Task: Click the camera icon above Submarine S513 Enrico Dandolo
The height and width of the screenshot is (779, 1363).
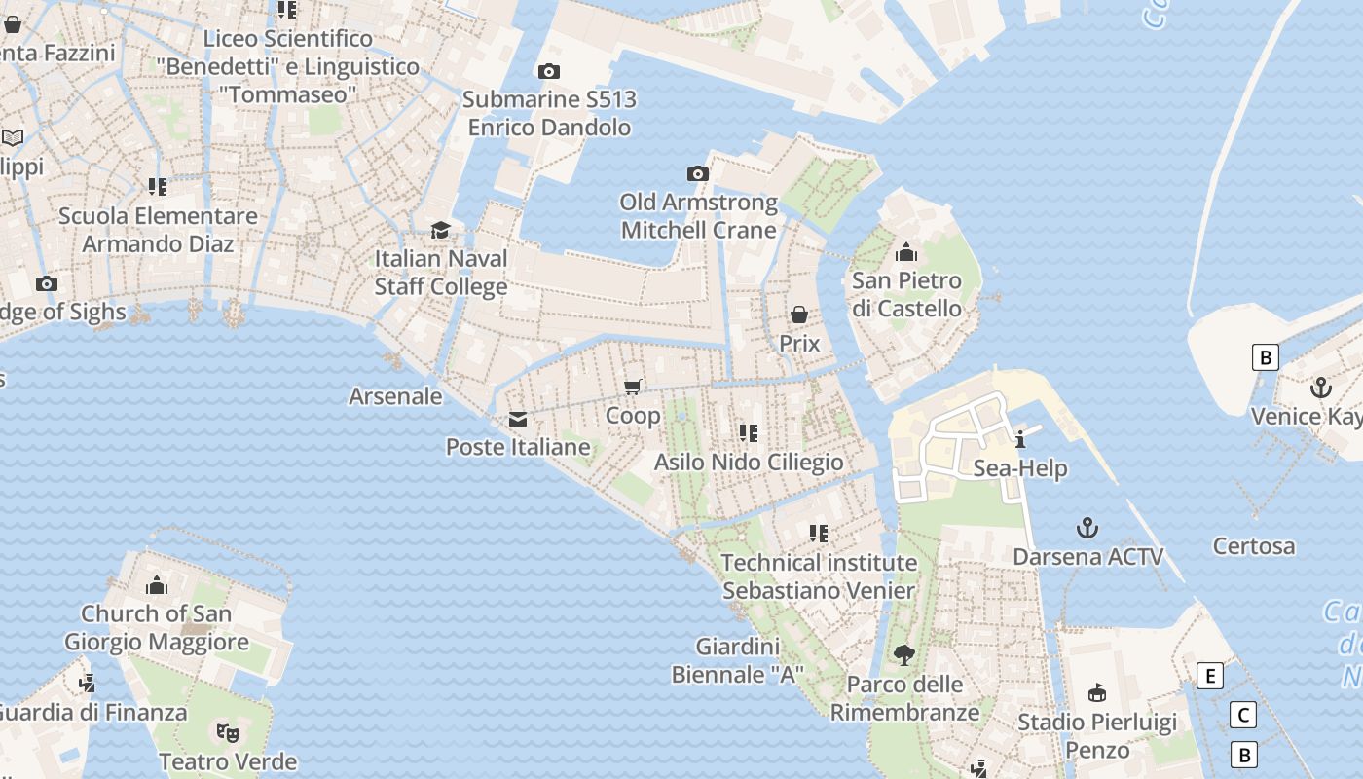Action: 549,71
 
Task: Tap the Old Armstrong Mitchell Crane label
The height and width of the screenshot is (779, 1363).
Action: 699,216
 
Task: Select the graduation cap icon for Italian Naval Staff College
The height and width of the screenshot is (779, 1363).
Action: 441,230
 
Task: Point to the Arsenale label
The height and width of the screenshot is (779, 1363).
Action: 395,396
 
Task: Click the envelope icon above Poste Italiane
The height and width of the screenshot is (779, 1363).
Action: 518,420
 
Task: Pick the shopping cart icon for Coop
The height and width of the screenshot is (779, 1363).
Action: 633,387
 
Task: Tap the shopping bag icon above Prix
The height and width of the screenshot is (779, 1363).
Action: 799,315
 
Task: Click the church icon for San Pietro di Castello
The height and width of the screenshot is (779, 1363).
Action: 906,252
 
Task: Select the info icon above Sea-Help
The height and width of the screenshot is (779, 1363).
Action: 1020,439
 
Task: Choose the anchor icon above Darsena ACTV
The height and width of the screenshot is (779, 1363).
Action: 1087,528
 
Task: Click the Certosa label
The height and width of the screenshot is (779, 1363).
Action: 1254,546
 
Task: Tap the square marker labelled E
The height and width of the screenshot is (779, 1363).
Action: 1209,676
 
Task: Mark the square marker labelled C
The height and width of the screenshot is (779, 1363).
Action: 1243,716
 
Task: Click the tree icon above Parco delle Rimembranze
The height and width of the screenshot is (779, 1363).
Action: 904,655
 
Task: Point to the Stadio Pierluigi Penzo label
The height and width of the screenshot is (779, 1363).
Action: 1097,736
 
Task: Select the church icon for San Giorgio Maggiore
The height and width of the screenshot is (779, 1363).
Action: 157,585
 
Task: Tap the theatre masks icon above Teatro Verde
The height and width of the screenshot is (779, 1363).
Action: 228,731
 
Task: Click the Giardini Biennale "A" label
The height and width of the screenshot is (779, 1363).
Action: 739,660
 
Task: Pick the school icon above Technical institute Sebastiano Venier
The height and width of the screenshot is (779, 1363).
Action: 819,533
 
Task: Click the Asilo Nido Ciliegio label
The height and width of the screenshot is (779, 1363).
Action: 749,462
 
